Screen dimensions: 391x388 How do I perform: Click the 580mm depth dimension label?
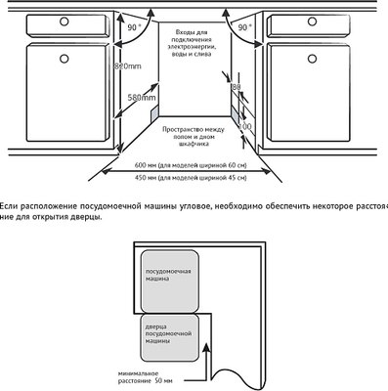pos(143,98)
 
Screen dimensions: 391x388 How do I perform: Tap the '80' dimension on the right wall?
pos(236,86)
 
